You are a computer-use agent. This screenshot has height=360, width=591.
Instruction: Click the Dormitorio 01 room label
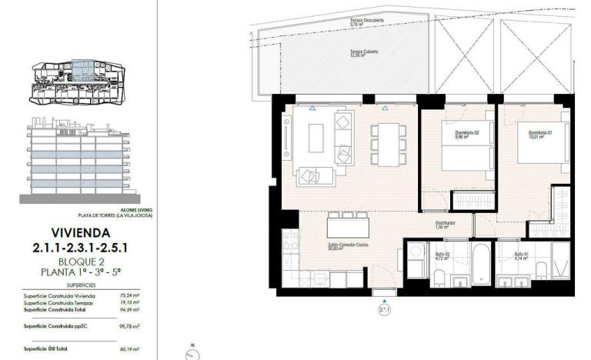(541, 135)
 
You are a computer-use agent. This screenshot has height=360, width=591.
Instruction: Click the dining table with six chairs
(386, 142)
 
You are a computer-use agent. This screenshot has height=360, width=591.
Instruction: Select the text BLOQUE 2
(80, 262)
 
